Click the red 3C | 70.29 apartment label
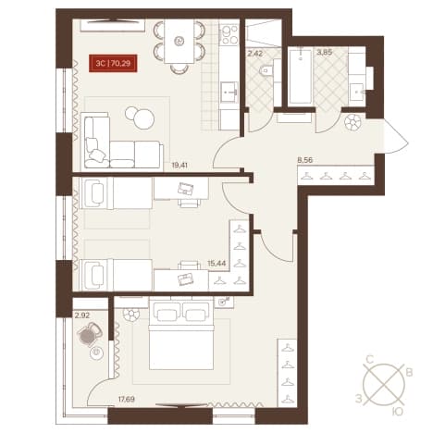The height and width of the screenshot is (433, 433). pos(113,64)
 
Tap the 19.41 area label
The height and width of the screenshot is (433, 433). pos(179,166)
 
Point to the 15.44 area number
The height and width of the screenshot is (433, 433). pos(216,264)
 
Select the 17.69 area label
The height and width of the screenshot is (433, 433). pos(126,400)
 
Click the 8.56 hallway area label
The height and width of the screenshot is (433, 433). pos(303,160)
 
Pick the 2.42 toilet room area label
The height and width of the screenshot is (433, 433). pos(255,54)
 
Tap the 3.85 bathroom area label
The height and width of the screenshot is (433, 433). pos(325,53)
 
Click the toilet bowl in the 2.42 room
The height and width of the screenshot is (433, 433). pos(266,71)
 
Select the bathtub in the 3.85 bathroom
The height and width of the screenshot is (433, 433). pos(301,76)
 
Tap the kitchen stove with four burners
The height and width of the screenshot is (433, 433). pos(229,34)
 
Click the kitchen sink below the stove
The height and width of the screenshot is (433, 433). pos(229,92)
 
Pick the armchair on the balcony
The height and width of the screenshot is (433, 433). pos(90,334)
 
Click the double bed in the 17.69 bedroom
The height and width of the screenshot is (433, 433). pos(181,334)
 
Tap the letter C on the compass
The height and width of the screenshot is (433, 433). pos(370,360)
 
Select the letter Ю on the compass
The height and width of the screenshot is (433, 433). pos(399,412)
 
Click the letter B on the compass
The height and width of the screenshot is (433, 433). pos(409,373)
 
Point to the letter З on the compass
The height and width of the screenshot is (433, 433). pos(358,400)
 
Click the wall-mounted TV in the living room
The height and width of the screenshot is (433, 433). pos(113,21)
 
